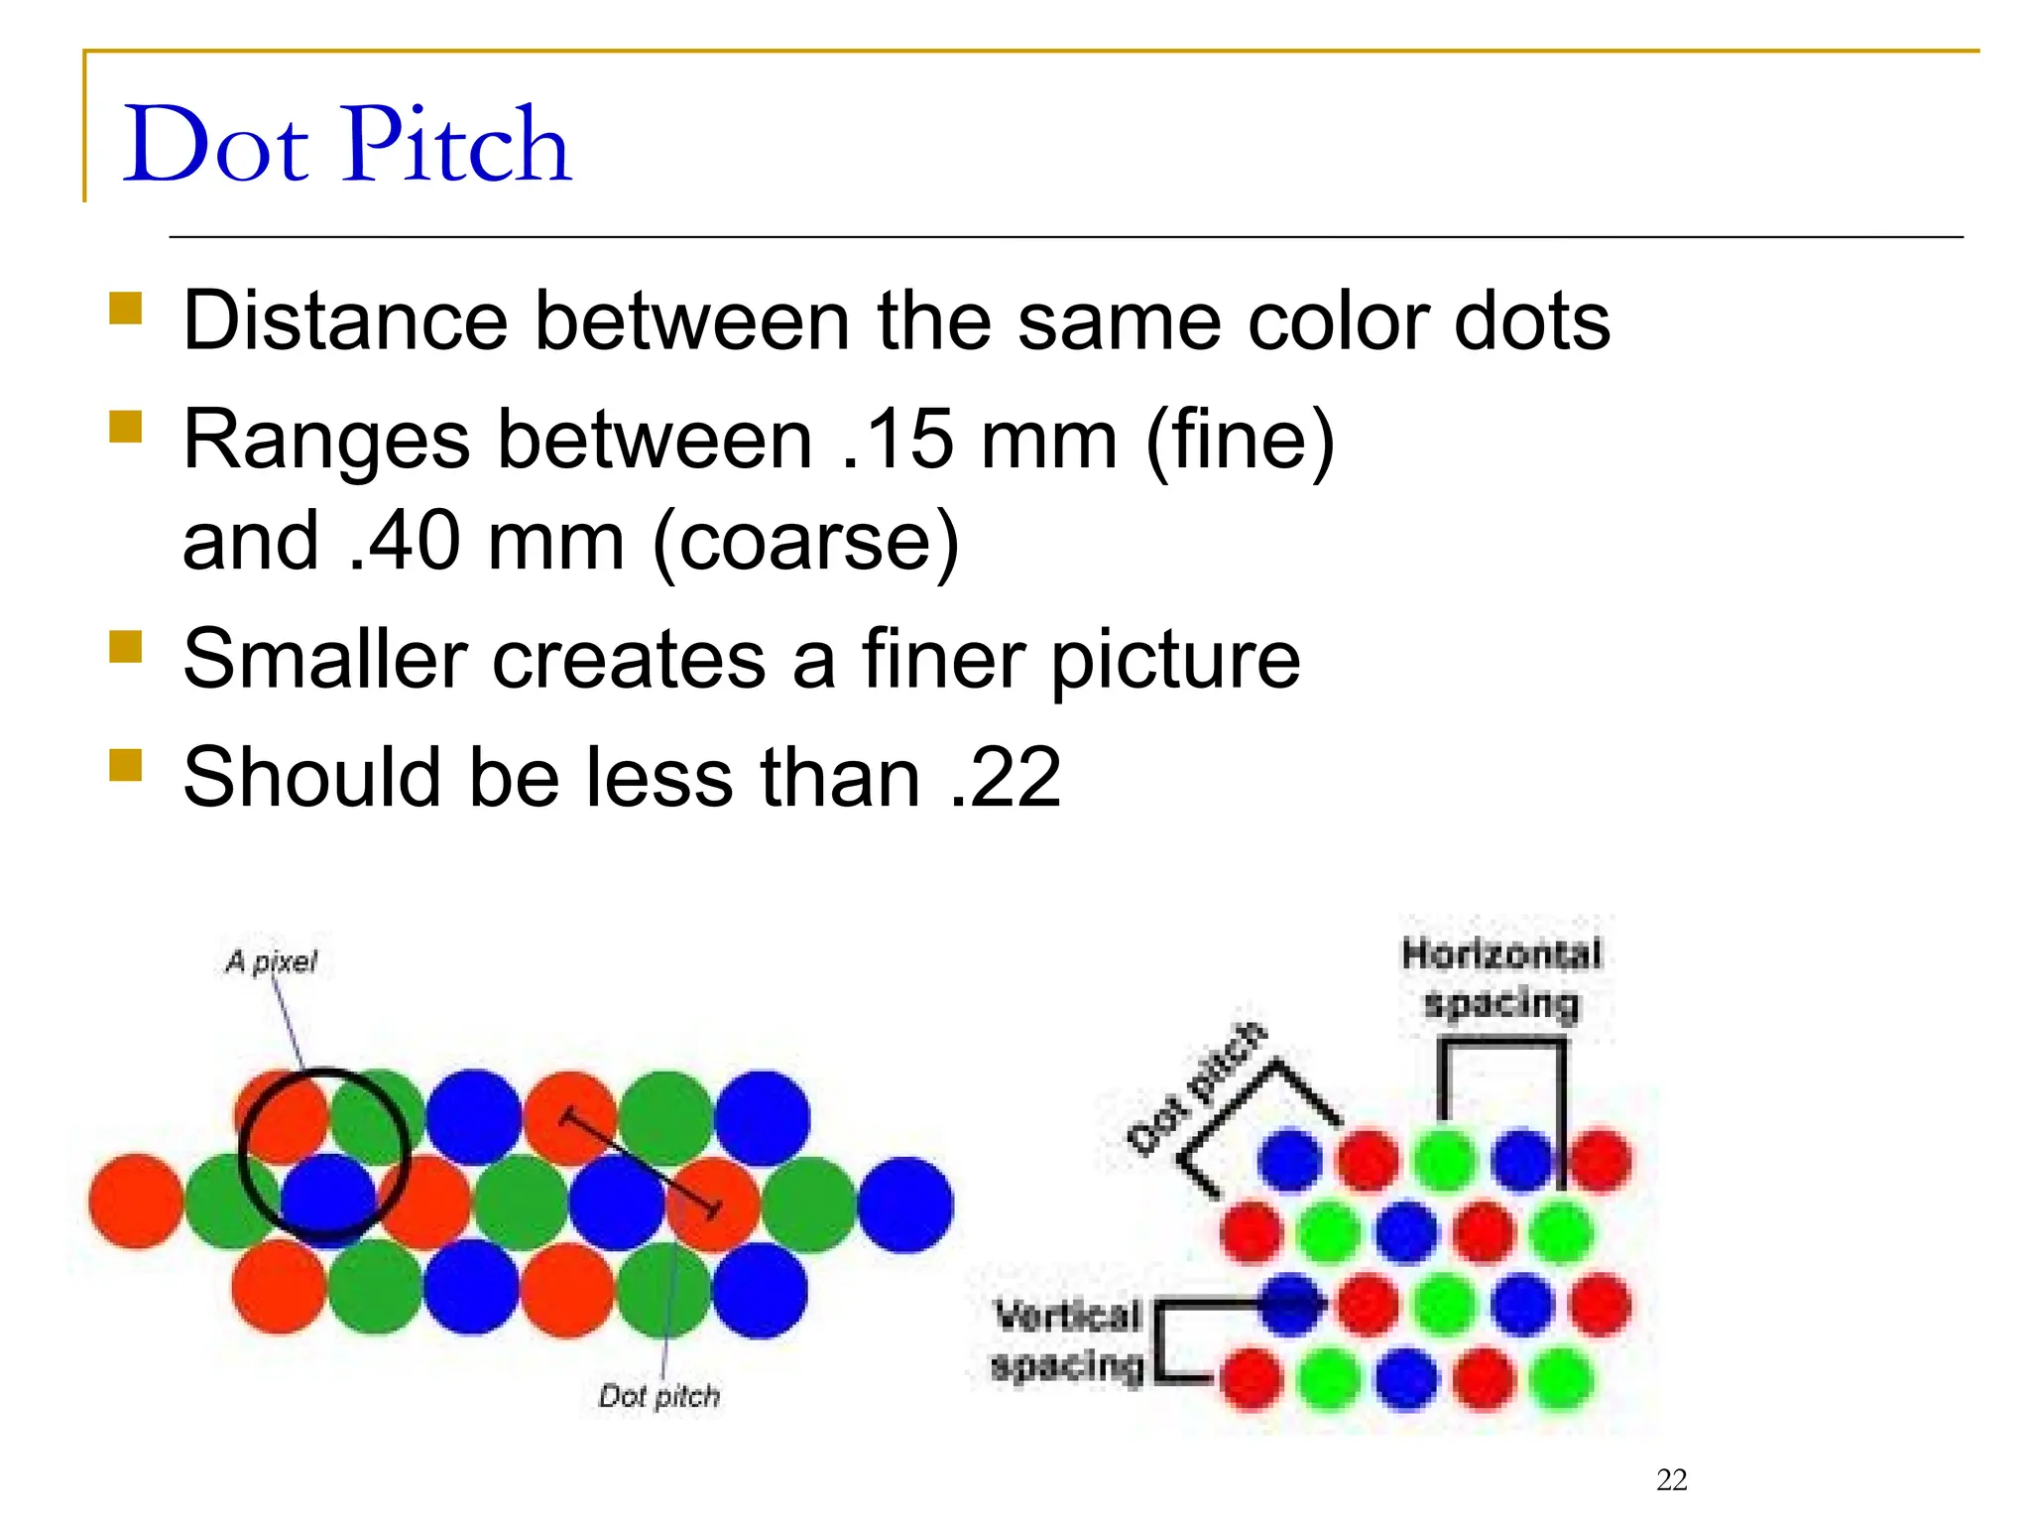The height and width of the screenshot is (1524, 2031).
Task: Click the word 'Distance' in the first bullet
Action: [x=345, y=320]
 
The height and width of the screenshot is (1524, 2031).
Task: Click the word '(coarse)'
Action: [x=805, y=543]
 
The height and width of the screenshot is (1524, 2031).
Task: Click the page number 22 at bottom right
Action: [x=1672, y=1479]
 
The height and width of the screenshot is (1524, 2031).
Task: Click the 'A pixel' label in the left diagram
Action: [x=271, y=961]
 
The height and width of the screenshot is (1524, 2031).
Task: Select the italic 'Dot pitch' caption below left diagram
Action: [x=659, y=1396]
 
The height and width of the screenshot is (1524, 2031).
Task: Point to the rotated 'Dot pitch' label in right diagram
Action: [x=1197, y=1088]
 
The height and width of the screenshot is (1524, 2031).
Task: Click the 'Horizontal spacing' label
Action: [x=1500, y=978]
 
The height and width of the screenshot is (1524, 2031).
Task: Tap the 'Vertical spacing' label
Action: [x=1067, y=1341]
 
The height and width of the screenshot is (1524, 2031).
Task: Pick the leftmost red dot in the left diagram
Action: [x=136, y=1201]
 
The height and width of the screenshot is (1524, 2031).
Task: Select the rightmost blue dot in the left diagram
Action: [x=904, y=1204]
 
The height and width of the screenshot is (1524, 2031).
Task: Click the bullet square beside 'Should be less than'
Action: [x=126, y=765]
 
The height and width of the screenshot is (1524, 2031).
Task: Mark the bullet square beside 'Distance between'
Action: [x=126, y=308]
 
